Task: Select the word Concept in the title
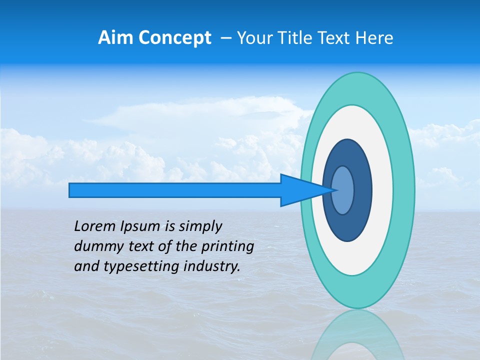175,37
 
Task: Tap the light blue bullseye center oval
343,190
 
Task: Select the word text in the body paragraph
143,247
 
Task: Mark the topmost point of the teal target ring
358,73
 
